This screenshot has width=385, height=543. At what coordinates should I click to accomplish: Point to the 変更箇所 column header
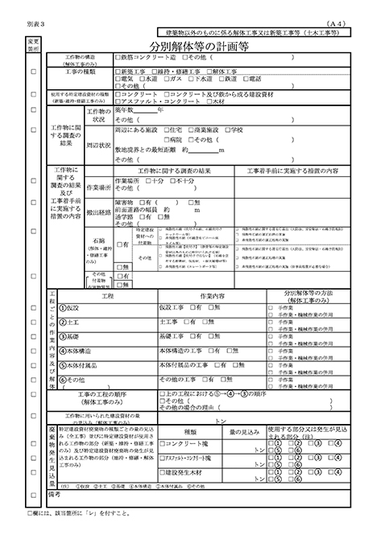(33, 43)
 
